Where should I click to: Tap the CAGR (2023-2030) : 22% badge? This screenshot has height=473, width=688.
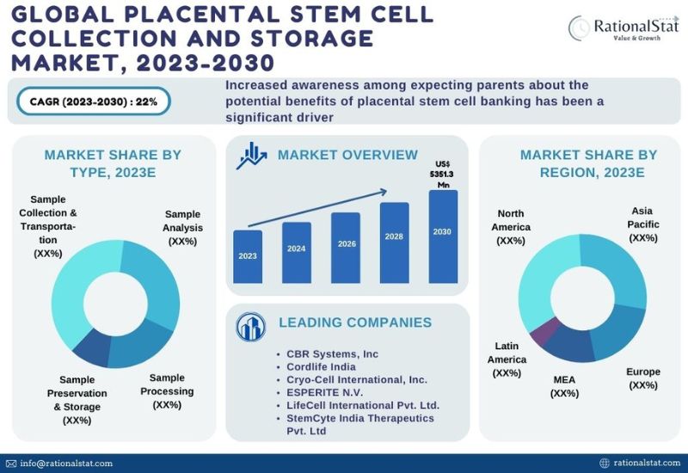tap(94, 101)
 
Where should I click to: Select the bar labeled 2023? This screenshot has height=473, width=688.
tap(248, 256)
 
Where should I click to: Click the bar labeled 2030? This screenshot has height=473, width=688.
tap(443, 236)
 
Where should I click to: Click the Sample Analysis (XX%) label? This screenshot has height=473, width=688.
tap(182, 228)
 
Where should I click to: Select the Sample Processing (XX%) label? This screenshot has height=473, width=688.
tap(171, 391)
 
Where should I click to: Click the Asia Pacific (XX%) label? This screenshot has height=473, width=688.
tap(642, 224)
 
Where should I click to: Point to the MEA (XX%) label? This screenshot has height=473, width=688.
tap(564, 385)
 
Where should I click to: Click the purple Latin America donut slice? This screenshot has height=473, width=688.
tap(540, 332)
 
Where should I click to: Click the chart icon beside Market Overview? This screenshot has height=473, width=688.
tap(252, 156)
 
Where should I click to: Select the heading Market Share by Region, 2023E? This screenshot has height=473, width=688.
tap(588, 163)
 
